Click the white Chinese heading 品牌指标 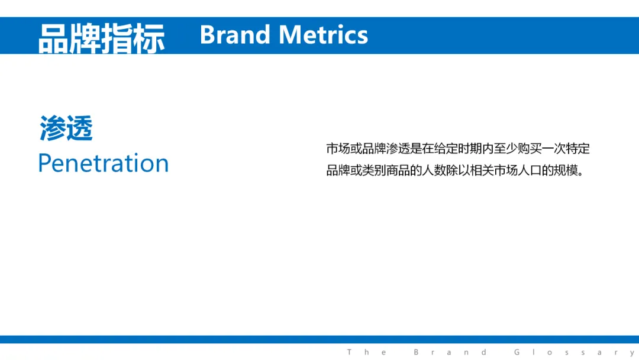coord(102,38)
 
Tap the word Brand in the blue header coord(235,35)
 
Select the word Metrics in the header coord(323,35)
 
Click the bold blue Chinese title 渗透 coord(66,128)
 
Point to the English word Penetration coord(104,163)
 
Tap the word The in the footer coord(366,352)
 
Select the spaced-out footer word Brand coord(450,352)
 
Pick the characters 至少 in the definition coord(505,149)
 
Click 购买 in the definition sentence coord(530,149)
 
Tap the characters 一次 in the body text coord(553,149)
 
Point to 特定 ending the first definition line coord(577,149)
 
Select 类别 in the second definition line coord(374,170)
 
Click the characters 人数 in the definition coord(434,170)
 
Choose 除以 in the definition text coord(457,170)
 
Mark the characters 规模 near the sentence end coord(566,170)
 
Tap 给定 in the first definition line coord(446,149)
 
